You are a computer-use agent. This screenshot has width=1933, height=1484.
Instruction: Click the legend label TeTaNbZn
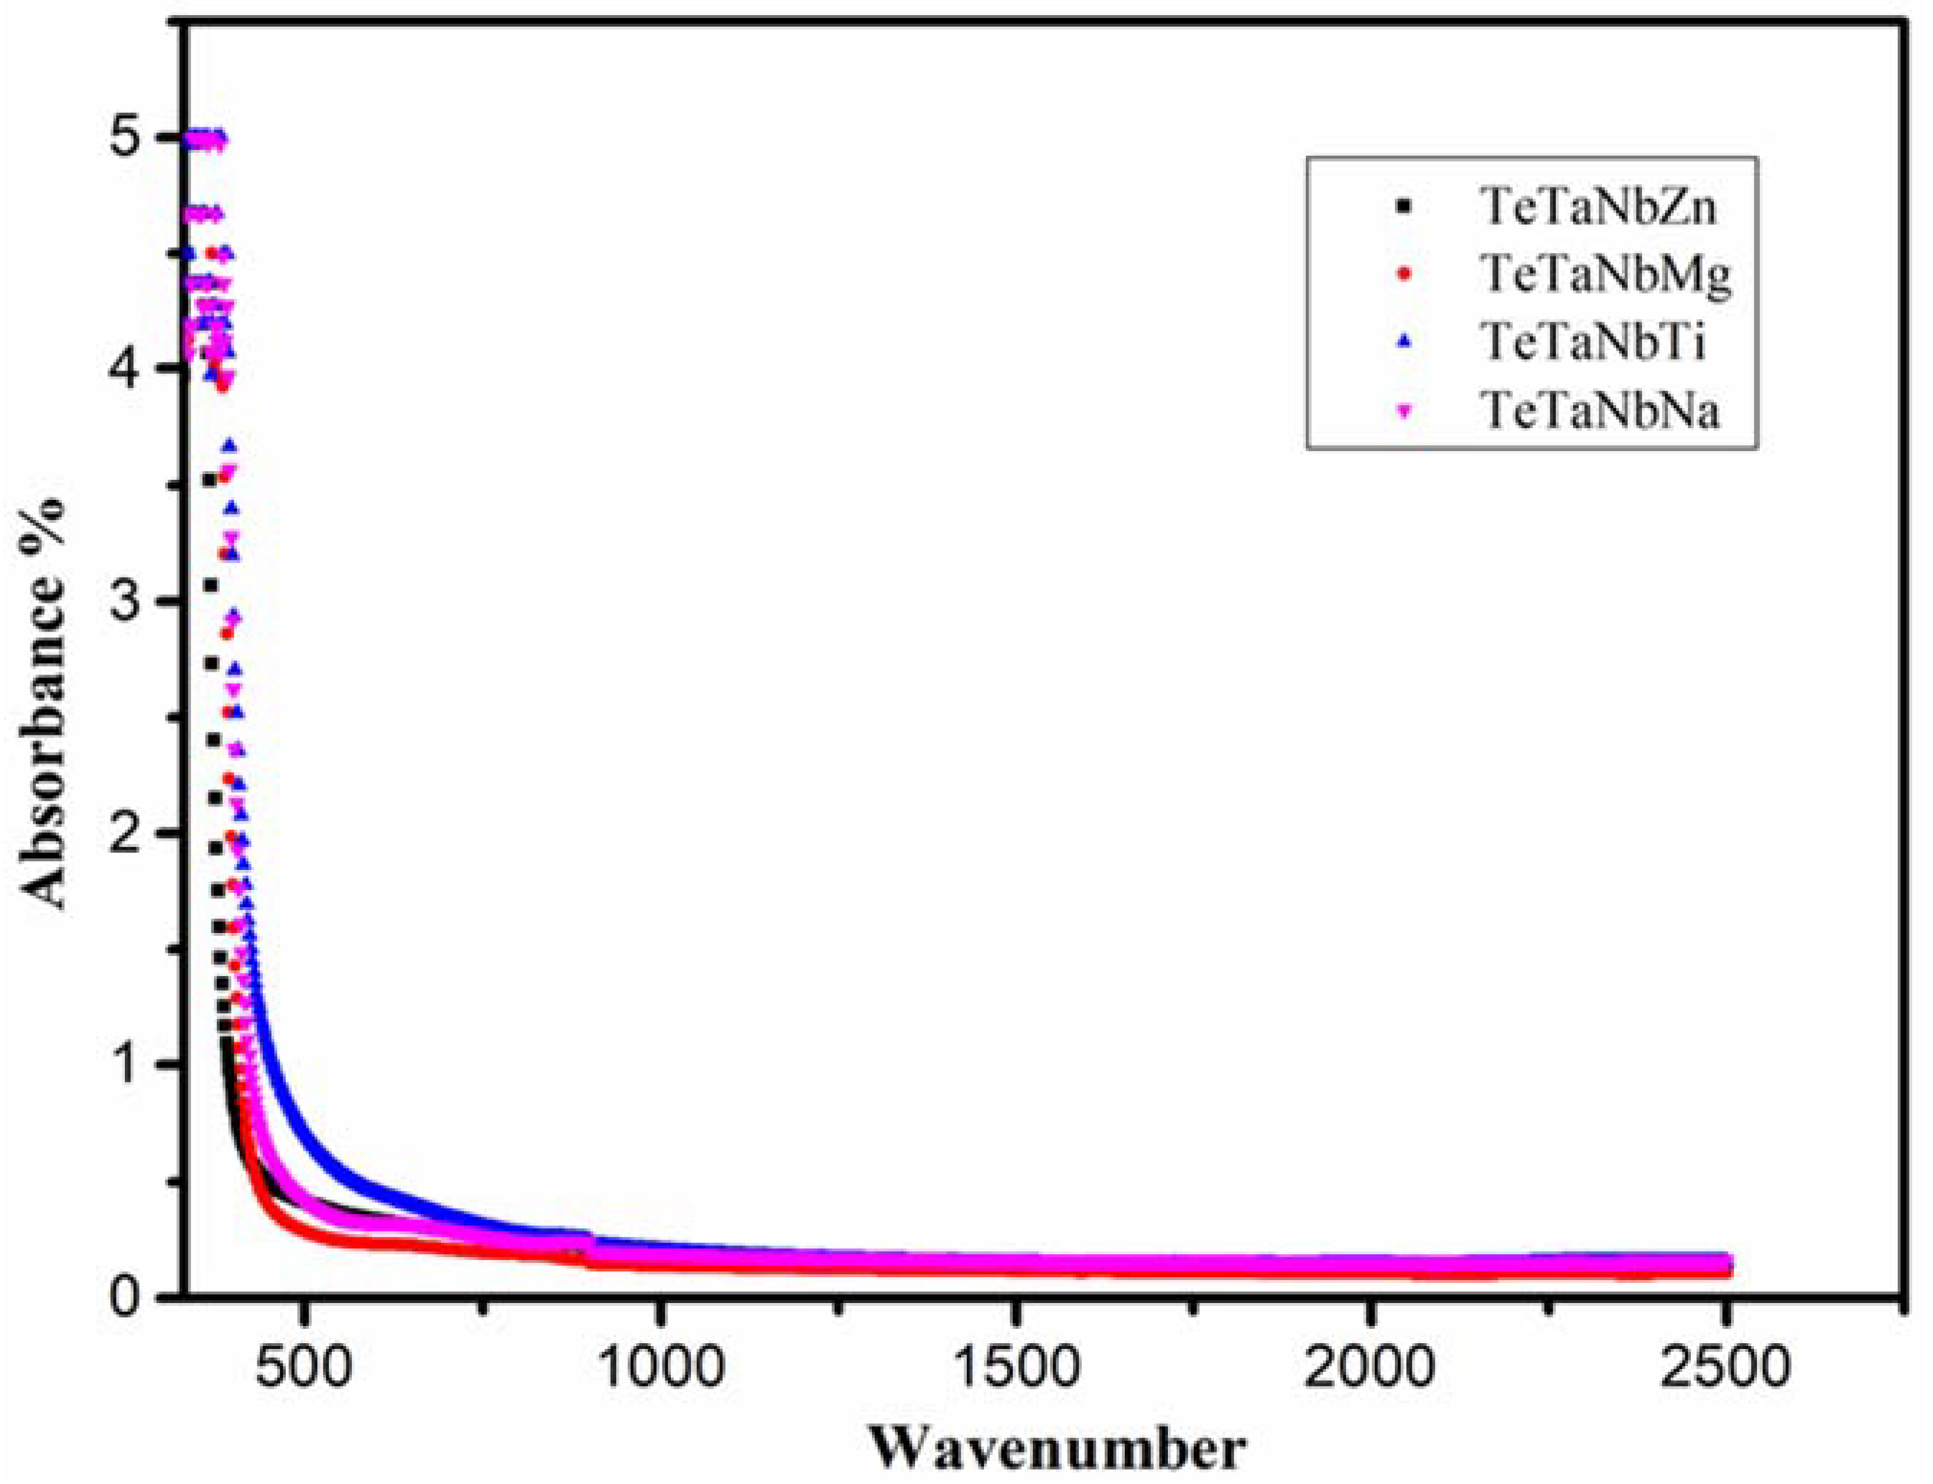pos(1598,208)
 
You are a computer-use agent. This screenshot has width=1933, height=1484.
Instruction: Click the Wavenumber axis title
pos(1057,1450)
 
